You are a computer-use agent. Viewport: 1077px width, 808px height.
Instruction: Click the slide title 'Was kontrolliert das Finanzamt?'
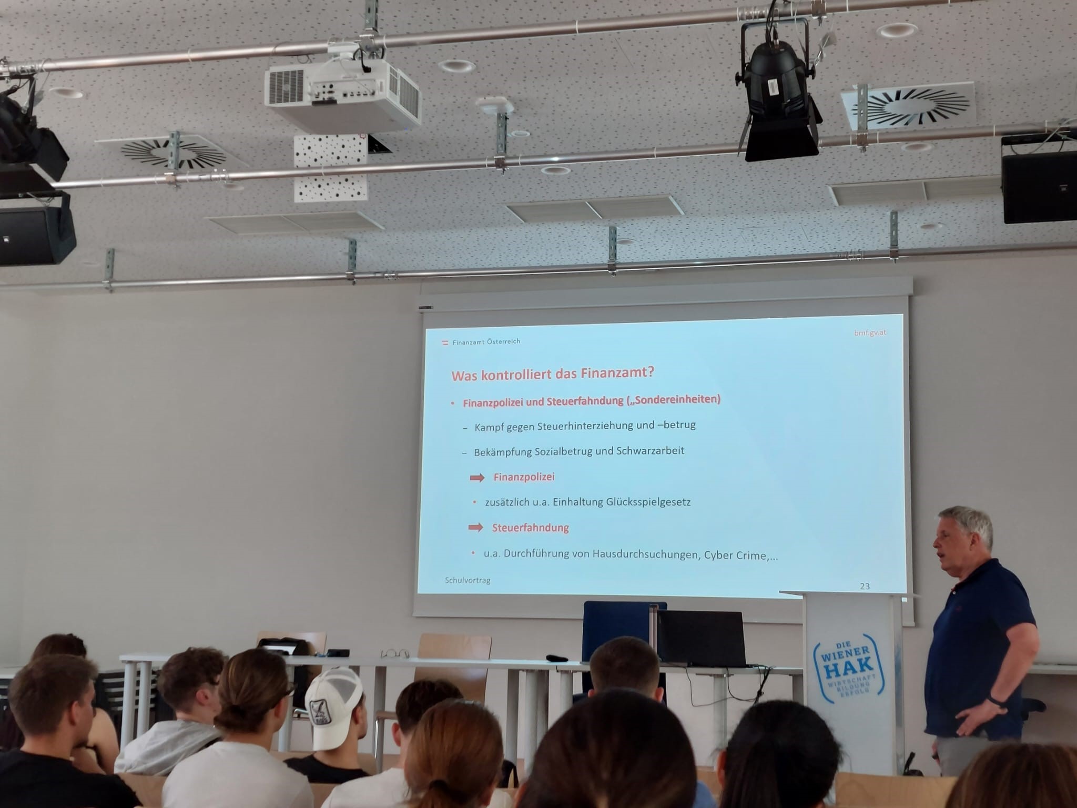click(553, 374)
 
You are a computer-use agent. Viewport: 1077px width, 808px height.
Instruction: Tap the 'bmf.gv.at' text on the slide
click(870, 332)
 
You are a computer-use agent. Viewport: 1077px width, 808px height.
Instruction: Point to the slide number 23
click(865, 586)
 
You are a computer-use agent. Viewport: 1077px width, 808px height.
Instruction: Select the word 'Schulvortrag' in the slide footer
click(468, 580)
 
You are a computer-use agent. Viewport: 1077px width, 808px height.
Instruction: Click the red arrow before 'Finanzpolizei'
click(477, 478)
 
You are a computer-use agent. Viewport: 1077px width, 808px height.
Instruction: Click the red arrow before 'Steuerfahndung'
click(476, 527)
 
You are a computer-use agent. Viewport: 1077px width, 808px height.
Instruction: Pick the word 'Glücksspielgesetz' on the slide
click(648, 502)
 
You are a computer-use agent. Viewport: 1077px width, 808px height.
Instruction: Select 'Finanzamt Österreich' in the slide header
click(486, 341)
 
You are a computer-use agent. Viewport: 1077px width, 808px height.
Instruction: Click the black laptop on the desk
click(702, 639)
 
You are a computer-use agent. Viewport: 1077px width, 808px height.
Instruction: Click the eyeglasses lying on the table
click(395, 654)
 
